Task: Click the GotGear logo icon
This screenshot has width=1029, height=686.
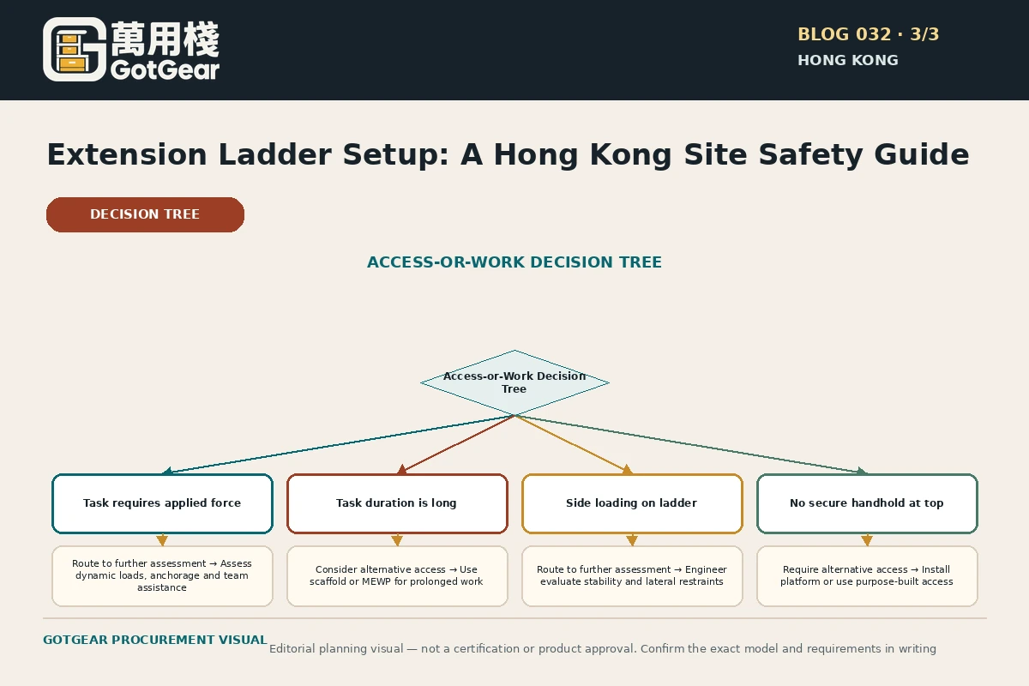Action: [75, 50]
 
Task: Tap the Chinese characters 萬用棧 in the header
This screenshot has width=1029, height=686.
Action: [165, 39]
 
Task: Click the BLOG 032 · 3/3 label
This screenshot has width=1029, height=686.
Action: [868, 34]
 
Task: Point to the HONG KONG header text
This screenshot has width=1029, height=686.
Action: [847, 60]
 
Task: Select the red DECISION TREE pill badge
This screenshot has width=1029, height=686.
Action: [145, 214]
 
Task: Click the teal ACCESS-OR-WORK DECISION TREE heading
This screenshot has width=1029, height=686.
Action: [514, 262]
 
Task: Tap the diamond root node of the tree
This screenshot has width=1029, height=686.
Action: [514, 382]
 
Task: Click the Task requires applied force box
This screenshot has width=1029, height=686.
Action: [162, 503]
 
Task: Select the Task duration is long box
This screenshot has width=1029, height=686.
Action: [397, 503]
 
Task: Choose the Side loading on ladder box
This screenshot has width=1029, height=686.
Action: [632, 503]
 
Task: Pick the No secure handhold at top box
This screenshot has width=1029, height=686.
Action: [867, 503]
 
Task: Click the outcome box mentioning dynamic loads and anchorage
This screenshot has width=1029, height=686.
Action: [162, 575]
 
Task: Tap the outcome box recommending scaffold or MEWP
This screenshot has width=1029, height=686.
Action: [397, 575]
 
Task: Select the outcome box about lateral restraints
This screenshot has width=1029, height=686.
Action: [632, 575]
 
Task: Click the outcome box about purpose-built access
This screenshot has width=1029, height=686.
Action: [867, 575]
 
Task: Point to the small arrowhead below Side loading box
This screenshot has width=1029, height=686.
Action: [632, 540]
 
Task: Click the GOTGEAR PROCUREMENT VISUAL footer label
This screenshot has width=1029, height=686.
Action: [155, 640]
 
